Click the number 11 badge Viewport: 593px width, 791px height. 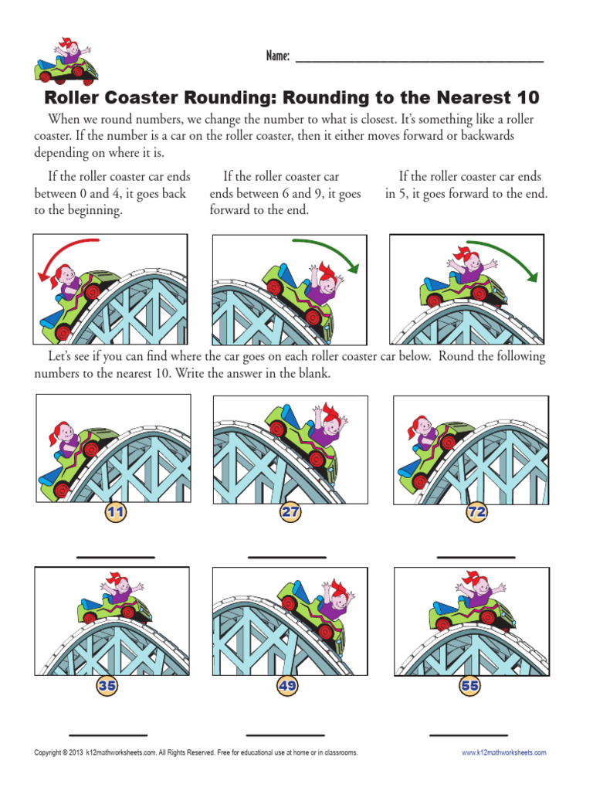[x=116, y=511]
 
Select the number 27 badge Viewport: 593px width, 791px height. [x=291, y=511]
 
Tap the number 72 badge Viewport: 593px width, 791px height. [x=476, y=511]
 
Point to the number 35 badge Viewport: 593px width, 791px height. [x=107, y=684]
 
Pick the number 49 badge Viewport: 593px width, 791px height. [x=286, y=684]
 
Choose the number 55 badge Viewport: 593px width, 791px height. [x=469, y=684]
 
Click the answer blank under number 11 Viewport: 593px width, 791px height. [x=115, y=556]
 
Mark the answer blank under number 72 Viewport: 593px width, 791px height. [x=476, y=556]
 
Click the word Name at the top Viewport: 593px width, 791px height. [x=278, y=56]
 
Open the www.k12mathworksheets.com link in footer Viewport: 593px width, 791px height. [x=503, y=752]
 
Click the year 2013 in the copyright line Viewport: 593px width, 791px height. [x=76, y=752]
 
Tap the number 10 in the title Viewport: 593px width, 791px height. [x=526, y=98]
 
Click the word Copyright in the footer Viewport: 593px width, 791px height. [x=47, y=752]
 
